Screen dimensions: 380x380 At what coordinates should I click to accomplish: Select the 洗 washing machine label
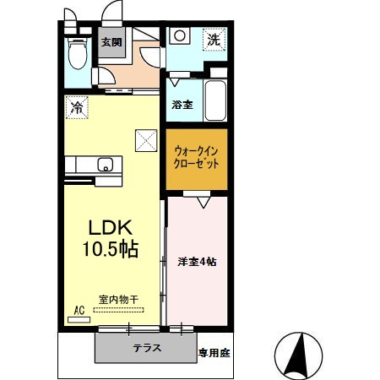coord(214,39)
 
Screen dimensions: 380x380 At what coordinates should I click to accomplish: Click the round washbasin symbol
coord(179,36)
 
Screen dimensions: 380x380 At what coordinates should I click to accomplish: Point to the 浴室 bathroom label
coord(182,105)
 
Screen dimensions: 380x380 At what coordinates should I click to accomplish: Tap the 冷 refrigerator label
coord(77,107)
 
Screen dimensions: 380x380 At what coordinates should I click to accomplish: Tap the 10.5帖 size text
coord(112,249)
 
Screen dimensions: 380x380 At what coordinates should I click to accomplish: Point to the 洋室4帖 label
coord(198,261)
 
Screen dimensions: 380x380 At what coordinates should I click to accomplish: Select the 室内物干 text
coord(117,299)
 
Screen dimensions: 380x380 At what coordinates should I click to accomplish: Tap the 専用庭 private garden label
coord(214,352)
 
